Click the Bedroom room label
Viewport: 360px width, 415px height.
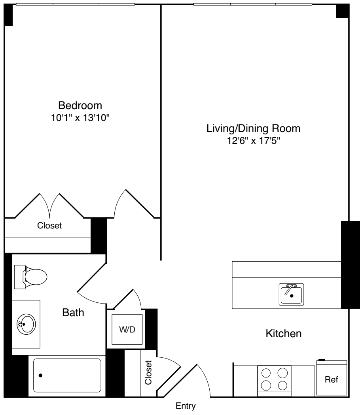[x=80, y=106]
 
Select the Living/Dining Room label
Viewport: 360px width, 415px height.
[x=253, y=128]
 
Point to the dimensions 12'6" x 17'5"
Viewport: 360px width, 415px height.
[x=253, y=140]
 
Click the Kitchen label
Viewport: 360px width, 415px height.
[x=283, y=334]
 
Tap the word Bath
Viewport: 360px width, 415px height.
[x=73, y=313]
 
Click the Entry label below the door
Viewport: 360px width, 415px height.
[x=186, y=406]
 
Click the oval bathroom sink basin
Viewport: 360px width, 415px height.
[x=26, y=324]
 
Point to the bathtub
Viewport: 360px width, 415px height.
[x=67, y=375]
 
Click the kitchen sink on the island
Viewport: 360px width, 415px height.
[x=291, y=294]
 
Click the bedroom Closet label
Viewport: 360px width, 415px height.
[x=49, y=226]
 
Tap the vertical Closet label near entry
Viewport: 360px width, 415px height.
[x=148, y=373]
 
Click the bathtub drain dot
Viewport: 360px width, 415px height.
[x=40, y=375]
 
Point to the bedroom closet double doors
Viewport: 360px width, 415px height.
[x=49, y=206]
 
